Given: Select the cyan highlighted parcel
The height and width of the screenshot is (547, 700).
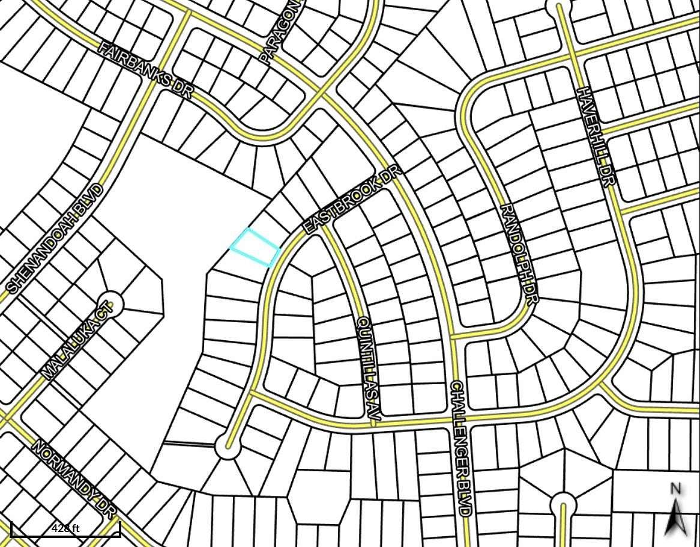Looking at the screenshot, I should (256, 247).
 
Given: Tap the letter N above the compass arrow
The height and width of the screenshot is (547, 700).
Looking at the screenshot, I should (675, 489).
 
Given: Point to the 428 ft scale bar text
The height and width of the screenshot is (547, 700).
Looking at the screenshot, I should (65, 528).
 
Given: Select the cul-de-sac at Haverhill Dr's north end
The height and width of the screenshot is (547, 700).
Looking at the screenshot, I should (559, 7).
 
